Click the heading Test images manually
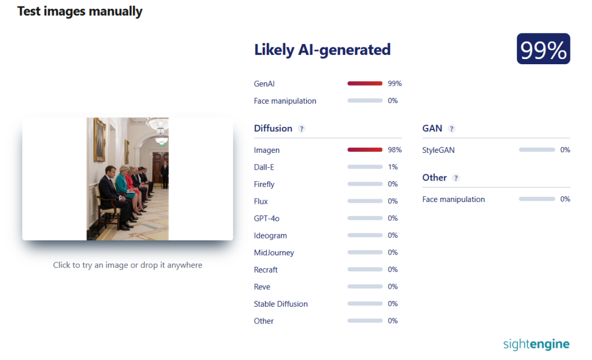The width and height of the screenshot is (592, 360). (x=80, y=12)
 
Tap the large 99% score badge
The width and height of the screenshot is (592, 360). (x=543, y=49)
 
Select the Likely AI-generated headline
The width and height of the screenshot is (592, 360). (x=322, y=50)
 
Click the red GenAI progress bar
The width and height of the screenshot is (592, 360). (x=365, y=83)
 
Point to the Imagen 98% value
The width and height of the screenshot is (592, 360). (x=395, y=150)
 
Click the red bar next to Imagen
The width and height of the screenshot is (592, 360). (x=365, y=150)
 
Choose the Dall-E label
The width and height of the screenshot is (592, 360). (x=264, y=167)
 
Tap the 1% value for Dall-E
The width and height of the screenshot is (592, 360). (x=393, y=167)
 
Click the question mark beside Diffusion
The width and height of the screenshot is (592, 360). (x=301, y=129)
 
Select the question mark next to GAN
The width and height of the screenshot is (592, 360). (x=451, y=129)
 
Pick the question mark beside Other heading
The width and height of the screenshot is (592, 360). (x=455, y=178)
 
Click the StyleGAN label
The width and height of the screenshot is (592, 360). (x=438, y=150)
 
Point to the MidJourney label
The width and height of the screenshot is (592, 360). (x=274, y=253)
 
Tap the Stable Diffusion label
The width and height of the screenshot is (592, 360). (x=281, y=304)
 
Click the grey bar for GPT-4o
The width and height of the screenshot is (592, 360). (x=365, y=218)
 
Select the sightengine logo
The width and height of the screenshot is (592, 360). (x=536, y=344)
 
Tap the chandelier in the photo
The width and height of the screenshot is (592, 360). (x=158, y=126)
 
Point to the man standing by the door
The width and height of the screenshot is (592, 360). (x=164, y=174)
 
